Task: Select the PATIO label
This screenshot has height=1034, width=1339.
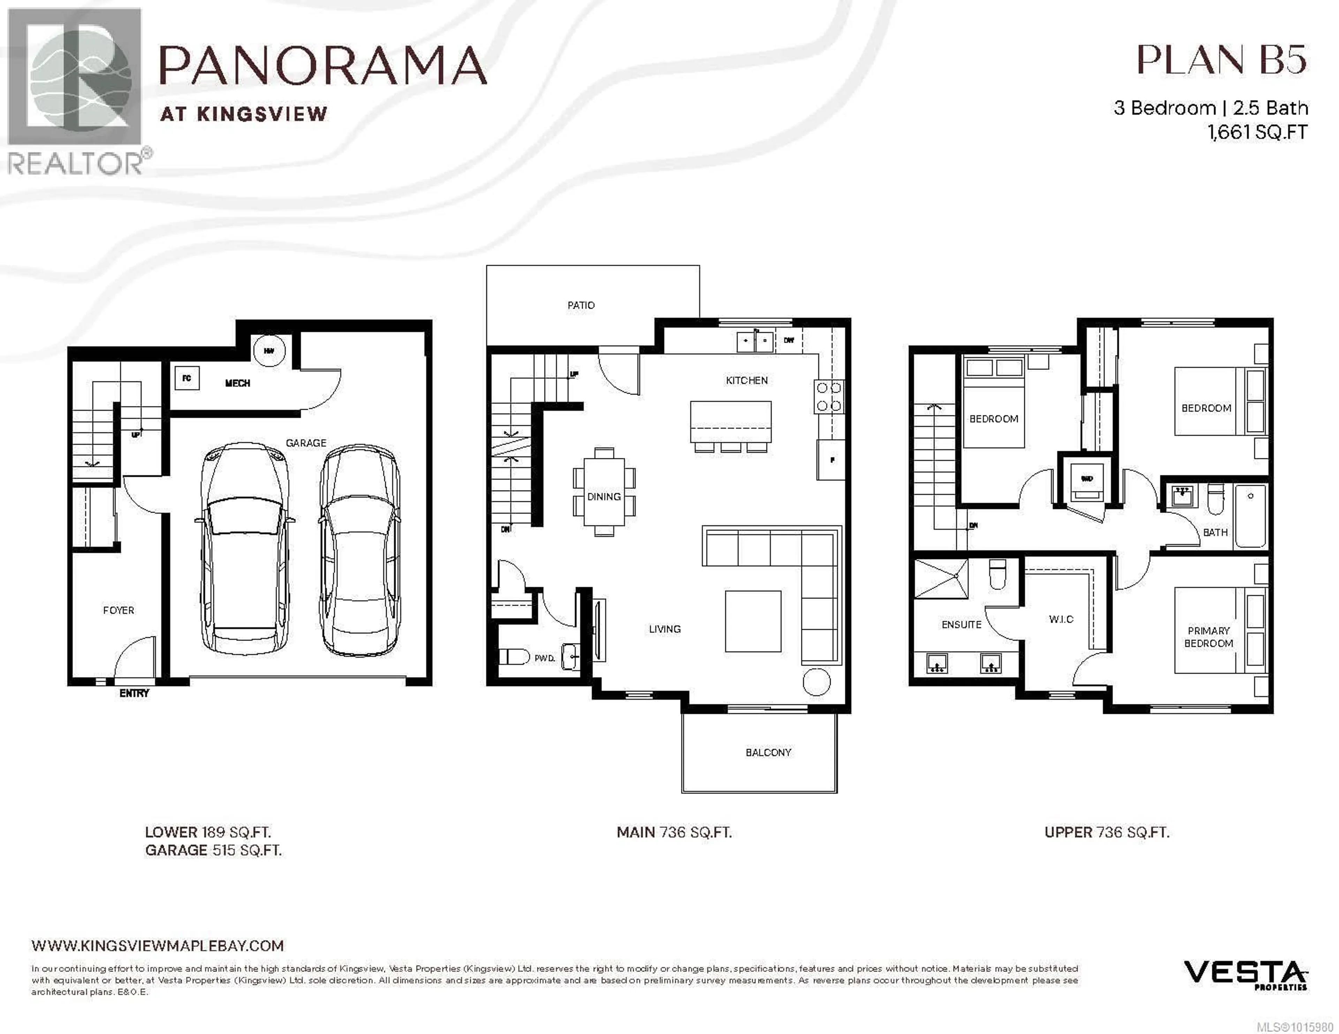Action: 581,305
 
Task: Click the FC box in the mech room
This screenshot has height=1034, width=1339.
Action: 187,378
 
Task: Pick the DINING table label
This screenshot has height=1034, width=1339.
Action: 604,497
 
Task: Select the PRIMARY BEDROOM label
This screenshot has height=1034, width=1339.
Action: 1208,636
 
